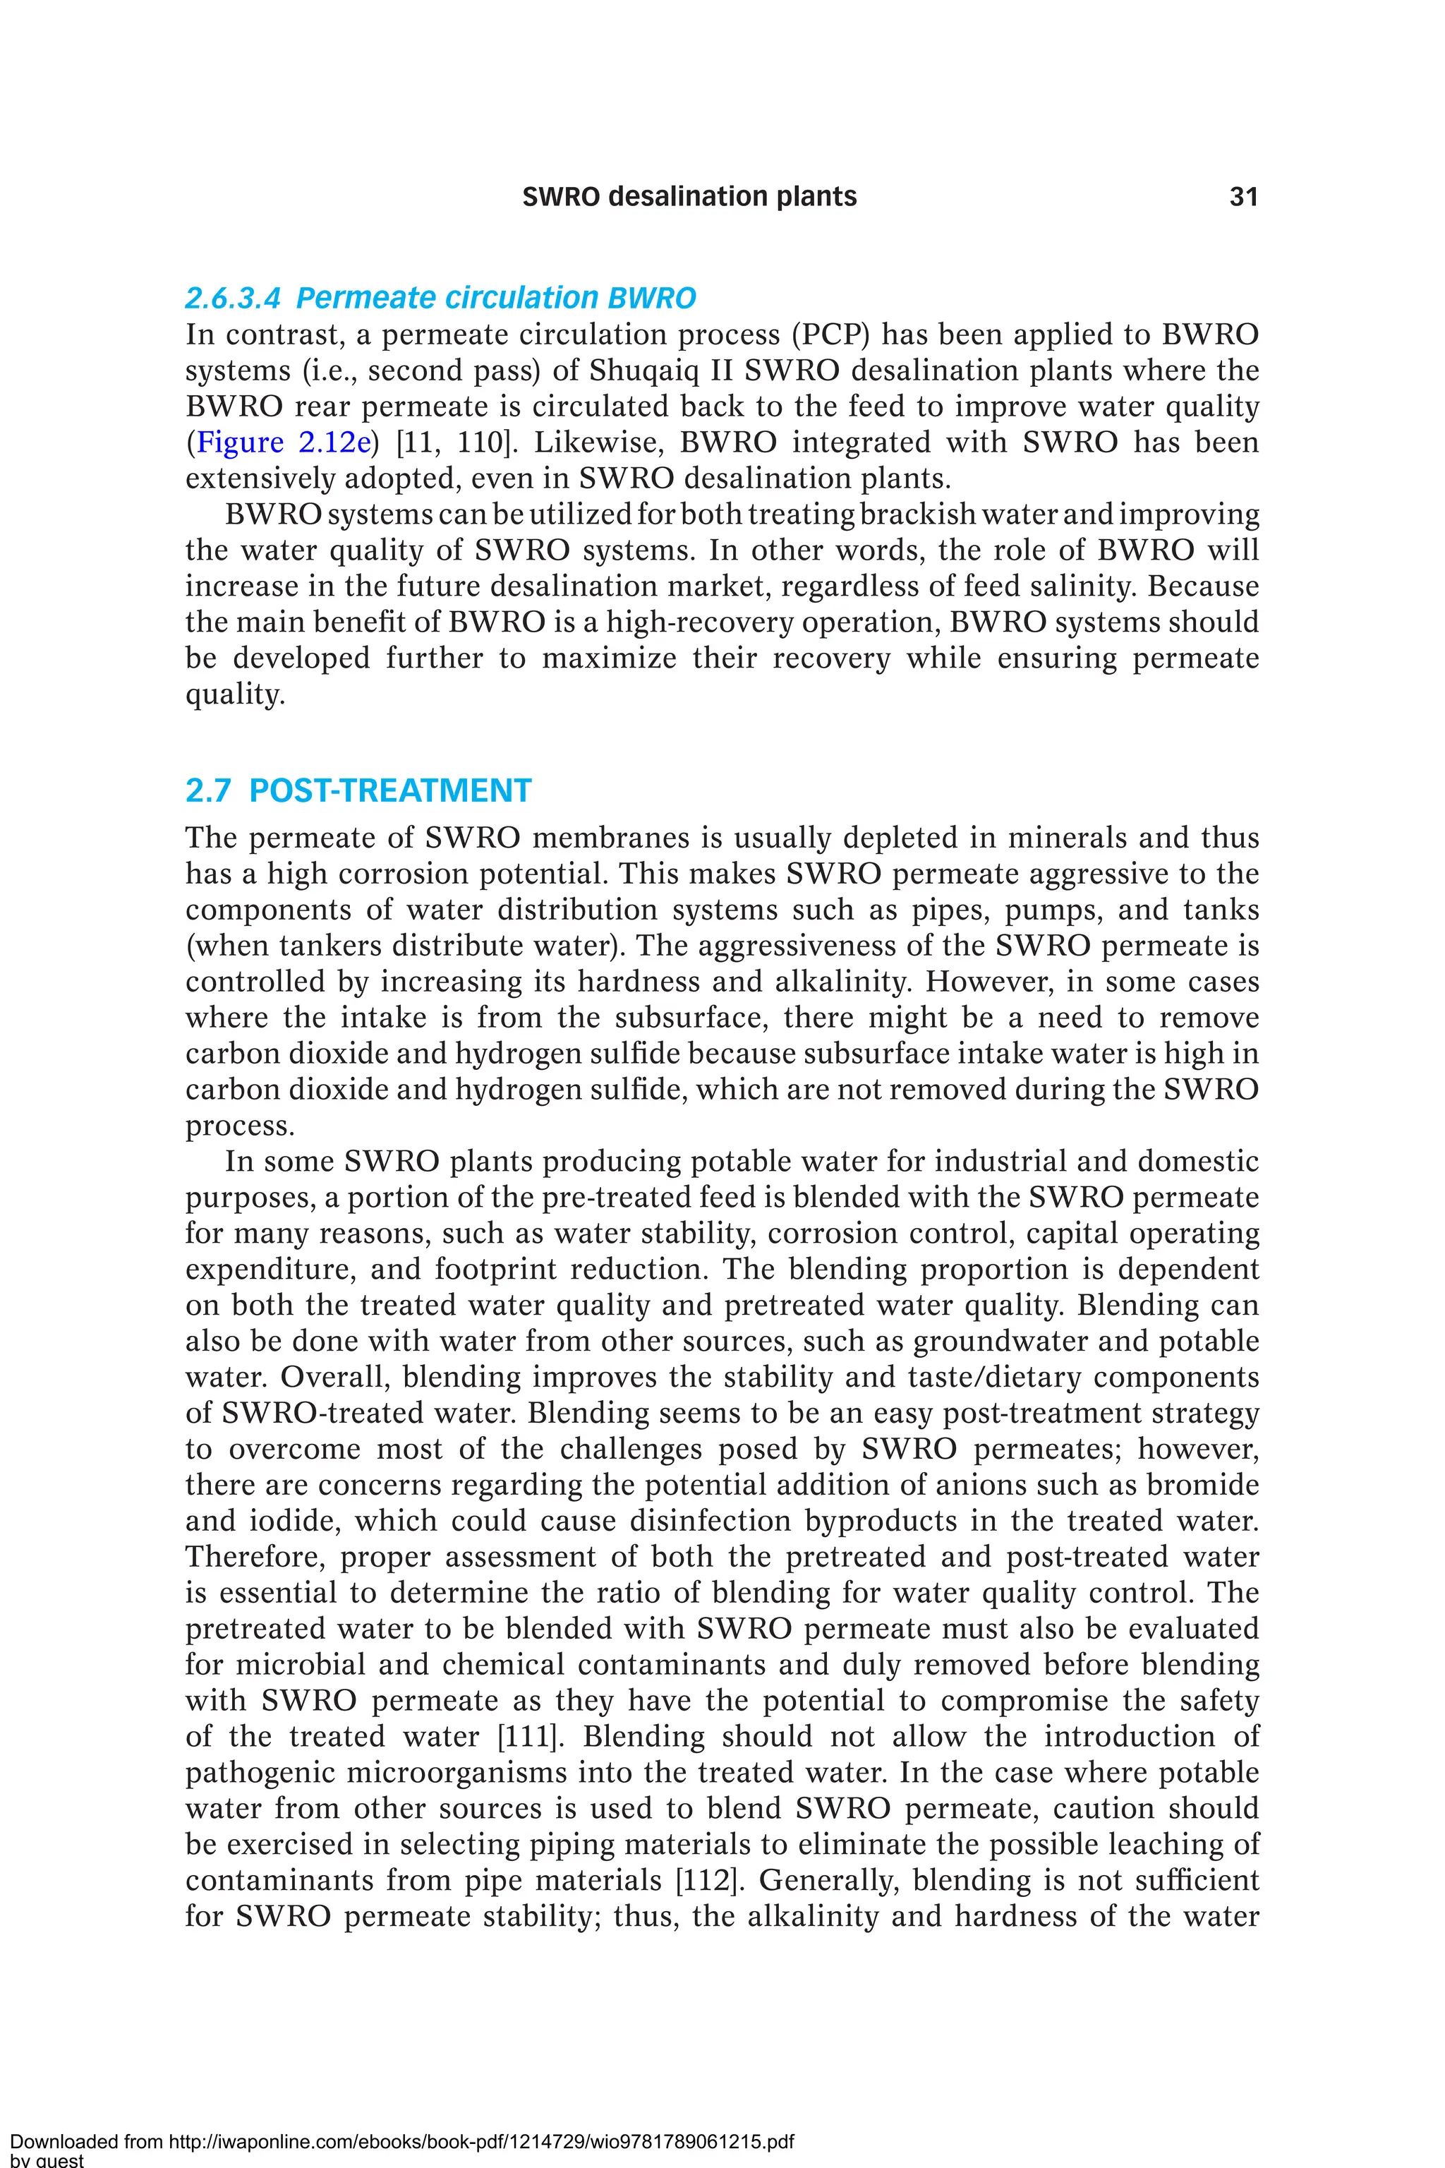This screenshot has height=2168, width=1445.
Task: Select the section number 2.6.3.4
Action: pos(232,299)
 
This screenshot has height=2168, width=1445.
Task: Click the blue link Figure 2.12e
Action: pos(284,442)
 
